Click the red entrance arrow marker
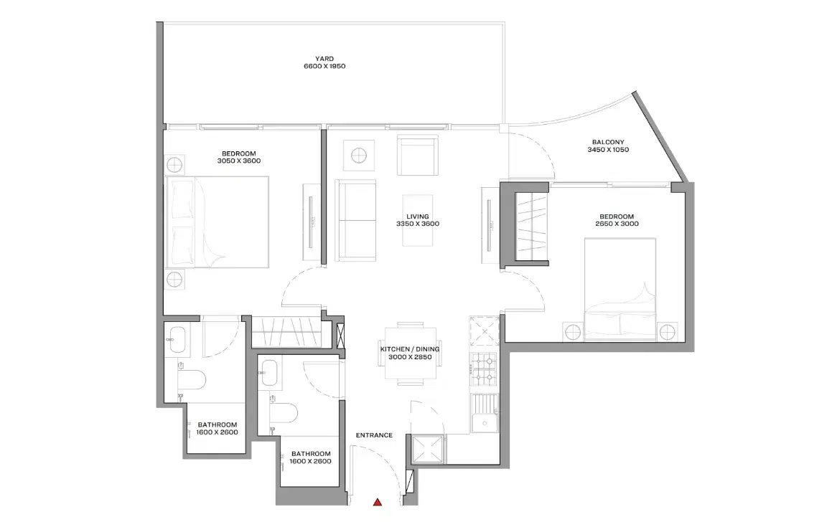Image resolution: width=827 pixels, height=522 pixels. (x=378, y=503)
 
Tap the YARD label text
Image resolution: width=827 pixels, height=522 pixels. (x=324, y=58)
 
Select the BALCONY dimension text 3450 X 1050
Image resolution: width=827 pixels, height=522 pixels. (x=607, y=151)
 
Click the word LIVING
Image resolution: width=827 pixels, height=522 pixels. (x=417, y=216)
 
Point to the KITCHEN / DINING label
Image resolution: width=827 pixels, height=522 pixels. (x=410, y=349)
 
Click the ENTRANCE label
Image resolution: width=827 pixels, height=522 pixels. (x=374, y=435)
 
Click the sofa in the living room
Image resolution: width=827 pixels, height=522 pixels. (x=356, y=221)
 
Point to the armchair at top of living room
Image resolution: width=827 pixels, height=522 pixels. (x=417, y=157)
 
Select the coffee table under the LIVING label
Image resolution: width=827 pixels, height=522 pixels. (x=417, y=221)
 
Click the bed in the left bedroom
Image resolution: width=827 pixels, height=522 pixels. (x=217, y=222)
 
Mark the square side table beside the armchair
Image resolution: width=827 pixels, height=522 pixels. (x=357, y=155)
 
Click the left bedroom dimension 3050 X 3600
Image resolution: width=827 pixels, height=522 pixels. (x=238, y=161)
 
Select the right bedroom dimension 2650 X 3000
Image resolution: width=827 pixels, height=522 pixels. (x=617, y=224)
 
